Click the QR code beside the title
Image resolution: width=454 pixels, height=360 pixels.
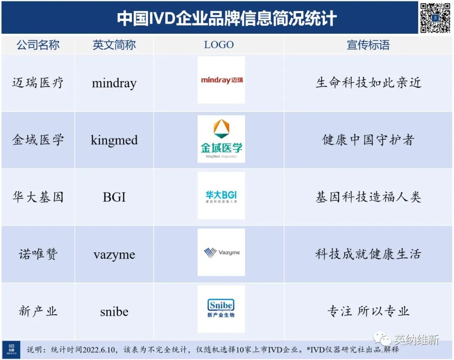(435, 18)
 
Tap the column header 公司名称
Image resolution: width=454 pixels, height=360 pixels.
(38, 45)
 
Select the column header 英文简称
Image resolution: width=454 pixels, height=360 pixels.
(114, 45)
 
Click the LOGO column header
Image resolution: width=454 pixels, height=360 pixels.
(219, 45)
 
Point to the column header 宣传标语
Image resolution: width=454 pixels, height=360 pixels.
(368, 45)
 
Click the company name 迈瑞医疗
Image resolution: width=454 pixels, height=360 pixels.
(38, 83)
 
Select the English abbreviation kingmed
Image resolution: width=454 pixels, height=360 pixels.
(114, 140)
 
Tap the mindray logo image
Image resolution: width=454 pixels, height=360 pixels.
(222, 80)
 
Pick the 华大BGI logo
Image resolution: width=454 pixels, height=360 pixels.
(221, 196)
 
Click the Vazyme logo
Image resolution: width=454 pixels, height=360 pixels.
(221, 252)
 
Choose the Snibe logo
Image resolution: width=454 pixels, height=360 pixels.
(221, 309)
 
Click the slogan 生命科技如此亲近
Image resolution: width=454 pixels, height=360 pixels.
(368, 83)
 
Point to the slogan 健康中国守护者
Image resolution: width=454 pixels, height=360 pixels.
(368, 140)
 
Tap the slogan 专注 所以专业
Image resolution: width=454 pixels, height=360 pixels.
(368, 312)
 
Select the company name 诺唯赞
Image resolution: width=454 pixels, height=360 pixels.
(38, 254)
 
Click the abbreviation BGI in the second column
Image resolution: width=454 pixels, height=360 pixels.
(114, 197)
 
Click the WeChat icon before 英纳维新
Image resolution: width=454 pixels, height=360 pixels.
(383, 339)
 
